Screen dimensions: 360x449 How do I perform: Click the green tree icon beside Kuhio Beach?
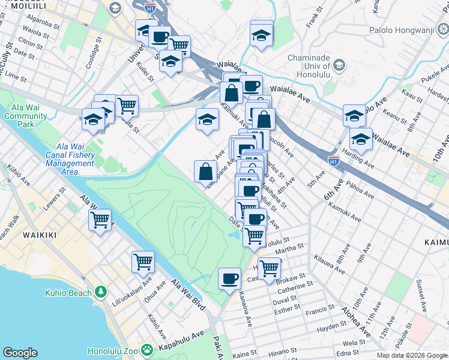pyautogui.click(x=101, y=292)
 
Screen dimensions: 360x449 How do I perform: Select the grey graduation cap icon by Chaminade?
pyautogui.click(x=339, y=64)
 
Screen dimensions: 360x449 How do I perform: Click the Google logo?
pyautogui.click(x=20, y=353)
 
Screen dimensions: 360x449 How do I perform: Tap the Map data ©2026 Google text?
pyautogui.click(x=412, y=355)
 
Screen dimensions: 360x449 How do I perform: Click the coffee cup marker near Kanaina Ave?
pyautogui.click(x=229, y=279)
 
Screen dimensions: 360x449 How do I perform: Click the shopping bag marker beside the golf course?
pyautogui.click(x=205, y=172)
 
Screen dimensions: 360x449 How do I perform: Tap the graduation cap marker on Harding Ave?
pyautogui.click(x=361, y=139)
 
